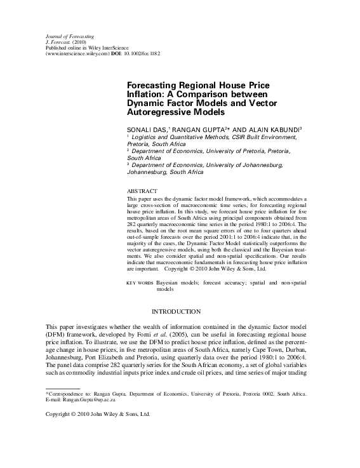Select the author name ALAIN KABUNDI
(x=260, y=128)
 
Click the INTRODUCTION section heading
(x=177, y=311)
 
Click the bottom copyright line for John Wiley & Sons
(x=91, y=415)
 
